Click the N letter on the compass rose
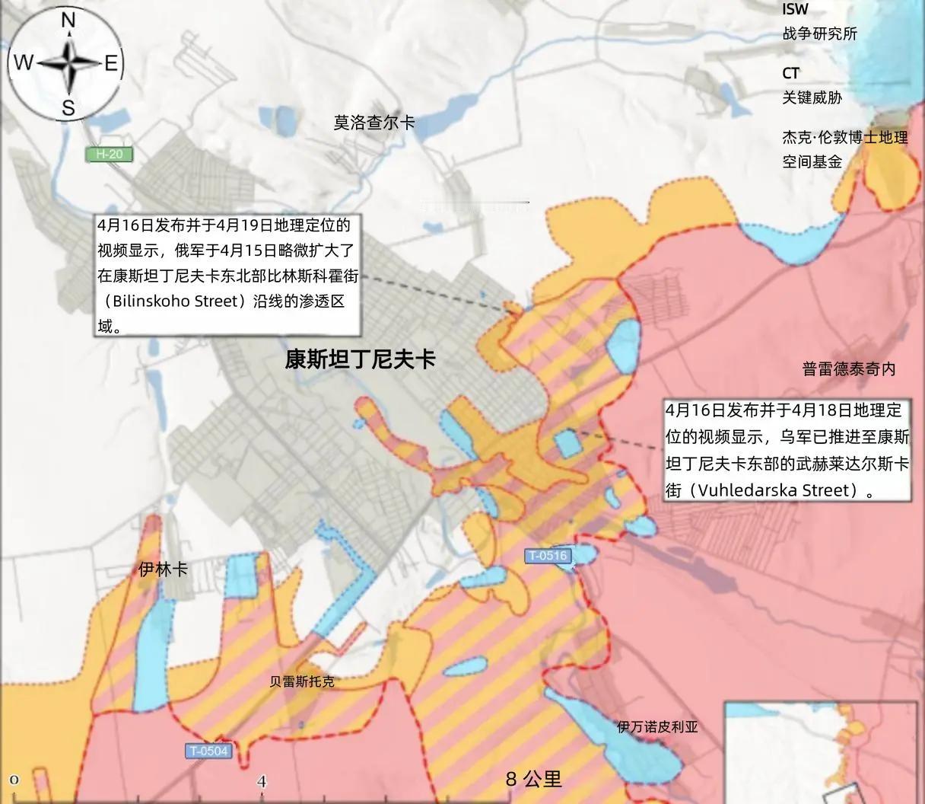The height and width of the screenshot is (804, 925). click(x=68, y=21)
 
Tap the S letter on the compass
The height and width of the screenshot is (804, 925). click(x=68, y=107)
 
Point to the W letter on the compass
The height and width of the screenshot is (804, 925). click(x=24, y=62)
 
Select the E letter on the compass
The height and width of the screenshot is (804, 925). click(x=111, y=63)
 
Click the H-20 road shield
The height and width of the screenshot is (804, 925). click(x=110, y=155)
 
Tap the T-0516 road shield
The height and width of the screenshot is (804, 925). click(x=548, y=556)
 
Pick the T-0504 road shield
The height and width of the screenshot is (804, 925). click(x=208, y=751)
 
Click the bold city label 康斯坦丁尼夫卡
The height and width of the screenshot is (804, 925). click(x=360, y=359)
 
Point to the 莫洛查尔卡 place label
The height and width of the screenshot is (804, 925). click(x=373, y=123)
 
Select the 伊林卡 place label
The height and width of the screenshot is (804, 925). click(x=164, y=569)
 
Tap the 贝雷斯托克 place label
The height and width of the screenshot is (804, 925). click(x=302, y=681)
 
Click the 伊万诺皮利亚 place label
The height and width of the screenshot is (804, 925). click(x=657, y=726)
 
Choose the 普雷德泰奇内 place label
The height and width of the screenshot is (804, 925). click(x=849, y=369)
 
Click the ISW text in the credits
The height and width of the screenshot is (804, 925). click(x=795, y=10)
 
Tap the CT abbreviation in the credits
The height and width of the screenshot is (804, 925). click(x=791, y=73)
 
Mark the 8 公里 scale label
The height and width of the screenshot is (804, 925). click(x=534, y=779)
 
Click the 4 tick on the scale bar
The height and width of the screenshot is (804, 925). click(x=262, y=781)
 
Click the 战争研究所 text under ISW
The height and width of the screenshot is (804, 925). click(x=819, y=33)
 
